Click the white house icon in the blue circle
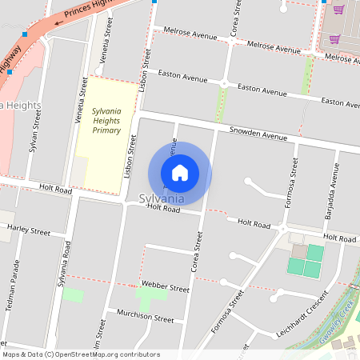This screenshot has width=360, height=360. (180, 173)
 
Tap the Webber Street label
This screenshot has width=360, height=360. (166, 286)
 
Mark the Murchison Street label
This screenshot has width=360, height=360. (145, 317)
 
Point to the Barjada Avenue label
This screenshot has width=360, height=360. (330, 192)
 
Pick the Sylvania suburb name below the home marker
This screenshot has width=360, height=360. (162, 198)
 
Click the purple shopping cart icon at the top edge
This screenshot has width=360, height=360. (338, 10)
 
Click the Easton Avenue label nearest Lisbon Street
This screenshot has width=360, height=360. (183, 78)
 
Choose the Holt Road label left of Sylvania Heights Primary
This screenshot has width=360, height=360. (54, 190)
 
